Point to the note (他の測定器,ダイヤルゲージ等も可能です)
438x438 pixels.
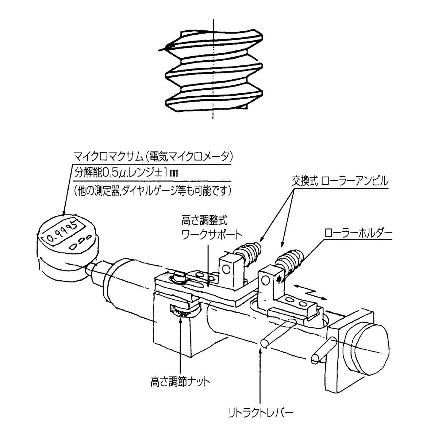tap(153, 190)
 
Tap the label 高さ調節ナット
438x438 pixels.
tap(180, 382)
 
